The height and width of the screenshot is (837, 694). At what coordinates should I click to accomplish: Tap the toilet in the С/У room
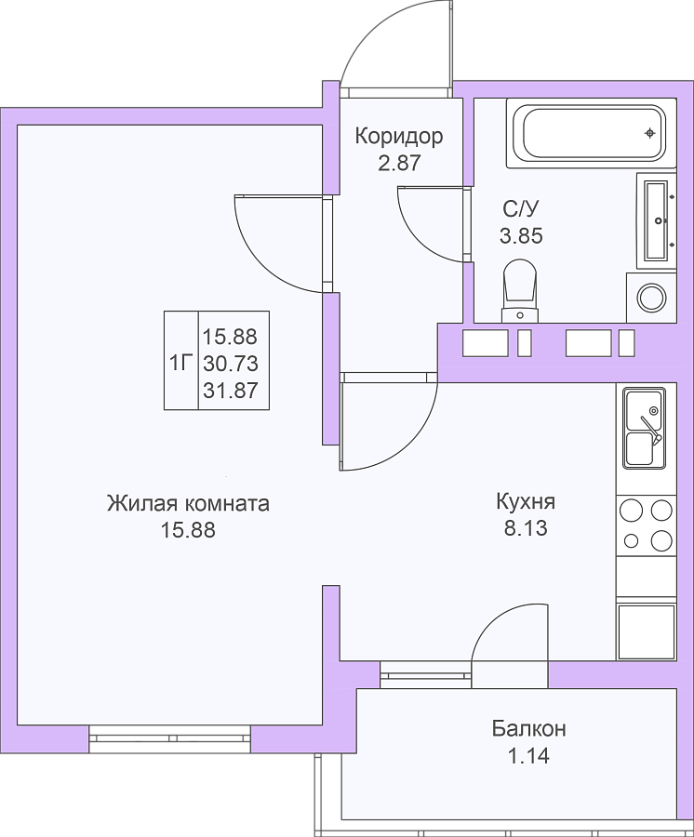click(519, 291)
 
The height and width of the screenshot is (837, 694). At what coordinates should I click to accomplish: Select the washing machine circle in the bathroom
click(652, 298)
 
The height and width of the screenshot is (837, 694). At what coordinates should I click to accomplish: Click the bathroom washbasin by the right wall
click(657, 220)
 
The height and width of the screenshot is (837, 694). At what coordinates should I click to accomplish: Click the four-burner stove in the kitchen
click(646, 525)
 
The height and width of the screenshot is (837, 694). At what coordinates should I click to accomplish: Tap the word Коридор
click(399, 137)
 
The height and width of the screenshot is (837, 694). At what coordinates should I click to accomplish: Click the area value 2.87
click(399, 163)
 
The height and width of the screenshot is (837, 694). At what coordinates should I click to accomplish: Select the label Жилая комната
click(188, 503)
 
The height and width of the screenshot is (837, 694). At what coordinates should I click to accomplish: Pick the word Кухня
click(526, 502)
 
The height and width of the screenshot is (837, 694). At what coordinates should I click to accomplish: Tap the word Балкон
click(528, 729)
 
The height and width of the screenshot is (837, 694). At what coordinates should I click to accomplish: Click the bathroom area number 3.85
click(521, 235)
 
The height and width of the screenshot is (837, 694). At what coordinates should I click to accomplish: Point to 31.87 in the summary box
click(231, 391)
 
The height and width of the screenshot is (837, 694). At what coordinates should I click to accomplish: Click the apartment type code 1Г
click(180, 364)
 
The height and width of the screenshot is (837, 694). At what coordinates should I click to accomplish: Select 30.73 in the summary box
click(231, 364)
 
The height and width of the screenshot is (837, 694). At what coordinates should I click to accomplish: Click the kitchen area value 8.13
click(526, 528)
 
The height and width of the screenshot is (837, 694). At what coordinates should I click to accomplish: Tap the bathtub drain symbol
click(649, 133)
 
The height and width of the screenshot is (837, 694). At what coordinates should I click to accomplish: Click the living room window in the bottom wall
click(169, 738)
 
